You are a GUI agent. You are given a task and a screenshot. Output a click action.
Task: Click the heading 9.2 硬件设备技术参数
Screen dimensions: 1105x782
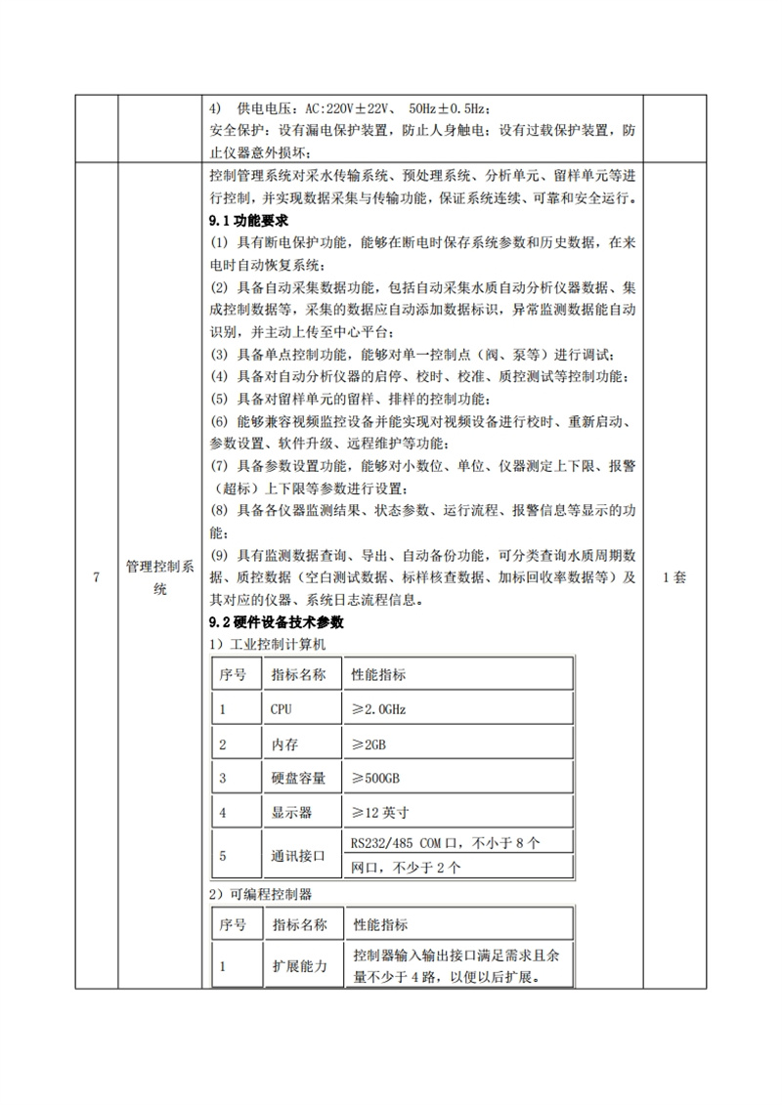tap(275, 622)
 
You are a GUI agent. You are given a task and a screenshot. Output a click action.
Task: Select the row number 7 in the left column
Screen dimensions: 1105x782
tap(96, 577)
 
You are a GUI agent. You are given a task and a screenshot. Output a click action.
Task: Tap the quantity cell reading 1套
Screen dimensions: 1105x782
tap(675, 577)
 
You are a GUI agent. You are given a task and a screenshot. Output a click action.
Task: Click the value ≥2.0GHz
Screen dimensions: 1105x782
tap(379, 708)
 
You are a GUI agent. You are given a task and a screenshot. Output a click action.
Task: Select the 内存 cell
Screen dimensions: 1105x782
tap(283, 744)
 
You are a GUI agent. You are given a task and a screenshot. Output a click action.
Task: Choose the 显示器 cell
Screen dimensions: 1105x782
tap(289, 812)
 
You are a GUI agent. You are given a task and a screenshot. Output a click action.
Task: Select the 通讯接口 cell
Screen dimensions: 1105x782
tap(296, 856)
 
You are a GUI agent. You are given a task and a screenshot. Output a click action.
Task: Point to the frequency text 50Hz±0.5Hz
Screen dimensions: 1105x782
tap(453, 109)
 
